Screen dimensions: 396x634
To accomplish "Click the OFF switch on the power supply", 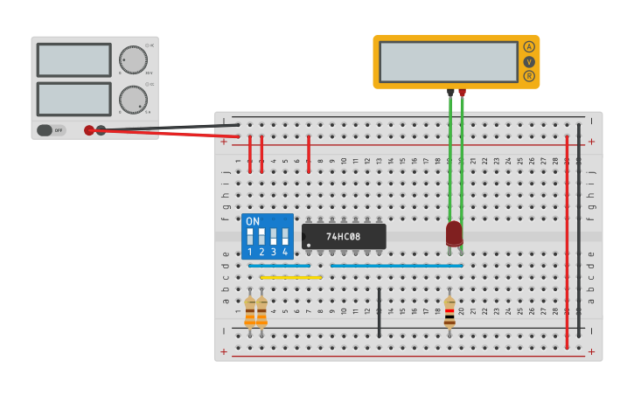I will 51,130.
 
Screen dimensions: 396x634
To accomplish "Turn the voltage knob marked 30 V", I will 133,59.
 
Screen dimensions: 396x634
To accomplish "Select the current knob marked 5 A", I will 133,100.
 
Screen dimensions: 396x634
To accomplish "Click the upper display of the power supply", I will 73,59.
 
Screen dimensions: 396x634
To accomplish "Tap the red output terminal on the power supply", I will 89,130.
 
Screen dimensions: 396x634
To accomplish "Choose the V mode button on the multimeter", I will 529,61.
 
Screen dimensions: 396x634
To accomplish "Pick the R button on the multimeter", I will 529,76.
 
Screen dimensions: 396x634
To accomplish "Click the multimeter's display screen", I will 449,61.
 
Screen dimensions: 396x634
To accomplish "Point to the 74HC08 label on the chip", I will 344,237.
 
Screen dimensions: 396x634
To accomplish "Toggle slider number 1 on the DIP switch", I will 250,237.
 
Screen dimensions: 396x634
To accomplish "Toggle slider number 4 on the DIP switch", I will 285,237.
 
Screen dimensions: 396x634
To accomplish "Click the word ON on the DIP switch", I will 253,221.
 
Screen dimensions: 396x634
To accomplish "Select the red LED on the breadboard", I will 454,233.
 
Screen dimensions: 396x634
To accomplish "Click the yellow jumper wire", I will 291,277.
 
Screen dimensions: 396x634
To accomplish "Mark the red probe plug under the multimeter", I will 462,93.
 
